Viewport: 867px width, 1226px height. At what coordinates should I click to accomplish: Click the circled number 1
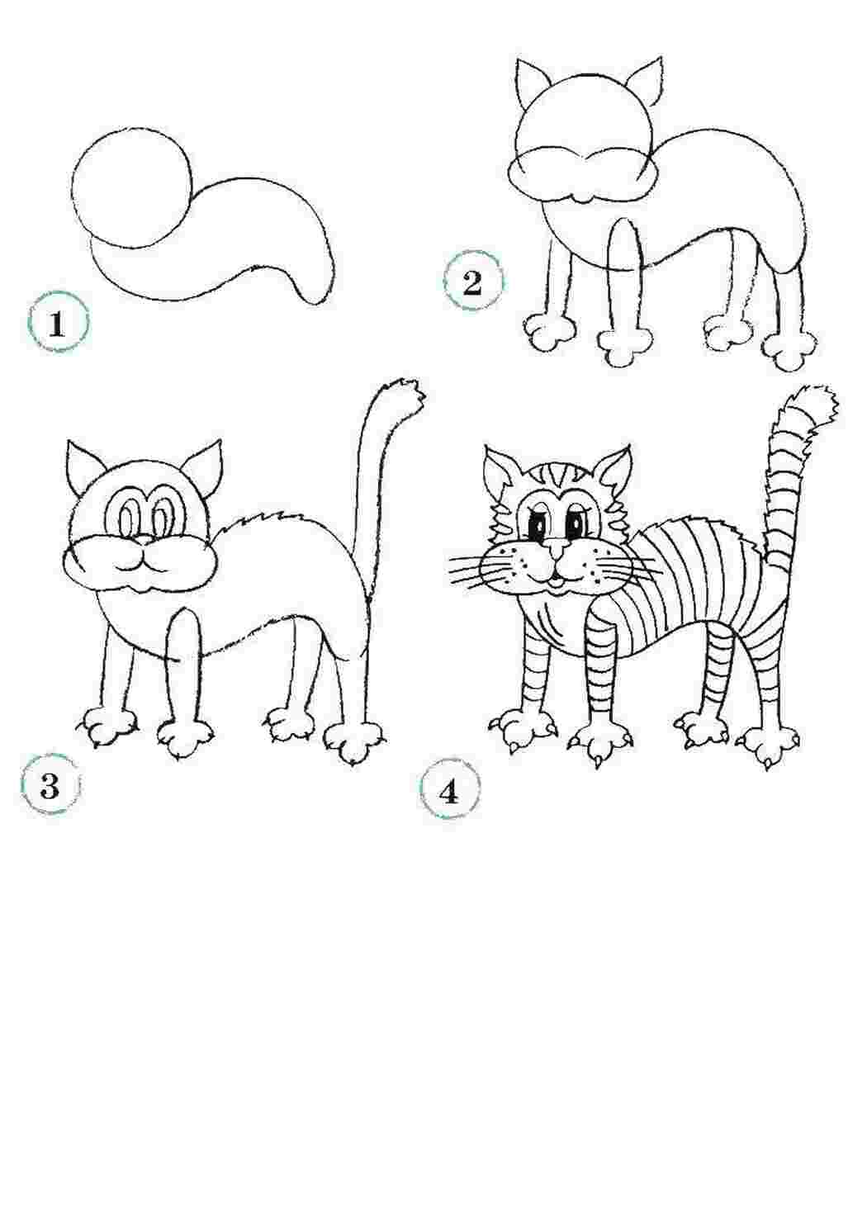point(58,321)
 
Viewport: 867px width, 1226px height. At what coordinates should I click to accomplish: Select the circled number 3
point(50,786)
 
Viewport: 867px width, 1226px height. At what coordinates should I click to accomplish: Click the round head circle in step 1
point(131,189)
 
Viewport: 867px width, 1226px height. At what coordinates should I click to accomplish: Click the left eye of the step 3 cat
point(129,514)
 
